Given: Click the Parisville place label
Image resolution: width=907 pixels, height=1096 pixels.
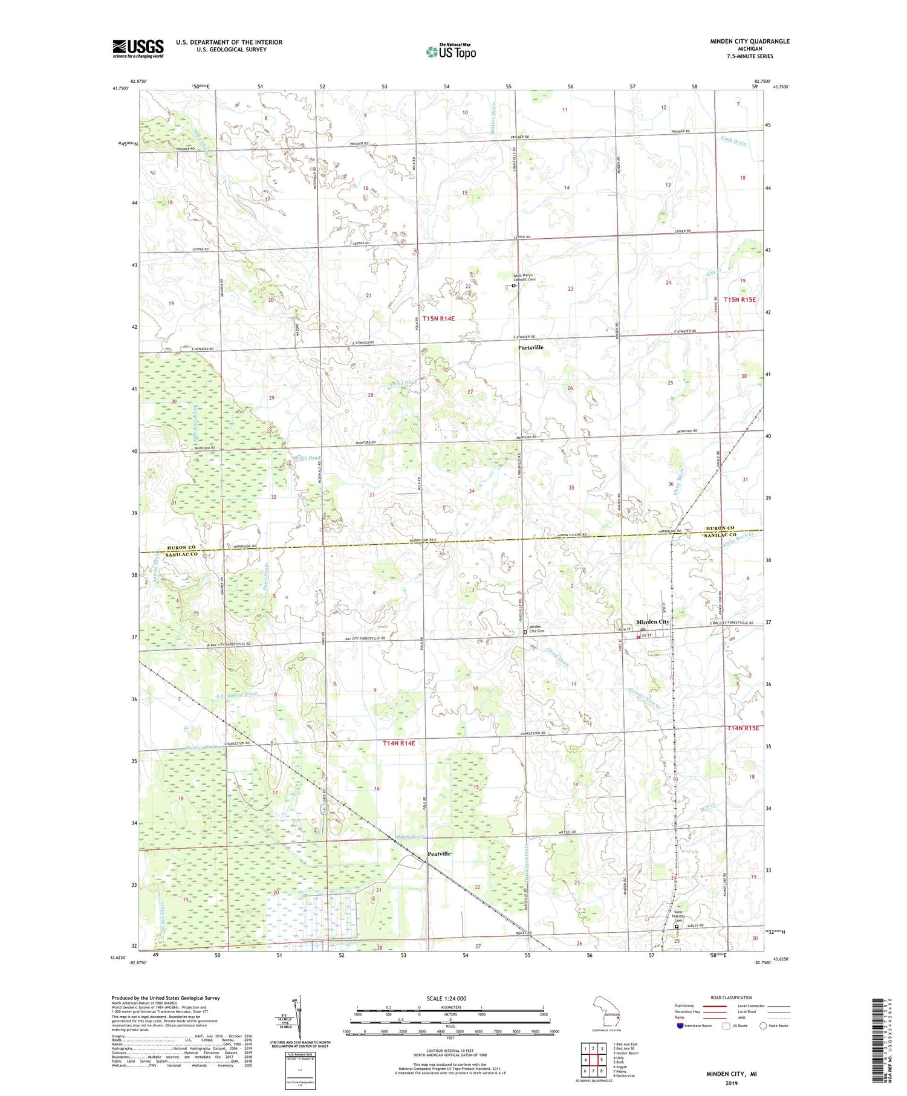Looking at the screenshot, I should [530, 348].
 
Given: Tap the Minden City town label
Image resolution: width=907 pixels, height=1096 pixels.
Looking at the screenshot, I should [652, 622].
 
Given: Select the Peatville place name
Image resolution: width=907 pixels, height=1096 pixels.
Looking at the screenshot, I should [439, 853].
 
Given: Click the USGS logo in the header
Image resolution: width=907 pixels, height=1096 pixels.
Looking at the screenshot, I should [138, 48].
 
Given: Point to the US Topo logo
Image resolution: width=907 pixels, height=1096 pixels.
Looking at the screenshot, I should [450, 51].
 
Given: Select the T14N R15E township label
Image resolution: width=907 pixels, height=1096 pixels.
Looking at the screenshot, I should [743, 728].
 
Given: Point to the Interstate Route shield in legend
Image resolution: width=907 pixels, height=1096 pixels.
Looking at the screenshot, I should [680, 1026].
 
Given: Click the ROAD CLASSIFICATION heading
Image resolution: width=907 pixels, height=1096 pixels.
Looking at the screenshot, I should [732, 997].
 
